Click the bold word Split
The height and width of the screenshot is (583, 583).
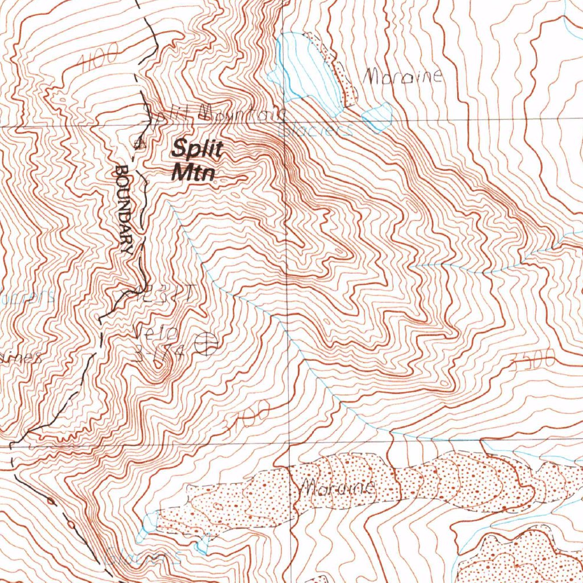(x=198, y=150)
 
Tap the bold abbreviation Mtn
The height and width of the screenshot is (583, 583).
(x=193, y=171)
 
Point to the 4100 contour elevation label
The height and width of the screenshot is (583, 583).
(x=100, y=59)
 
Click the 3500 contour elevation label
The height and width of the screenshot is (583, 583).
(x=532, y=360)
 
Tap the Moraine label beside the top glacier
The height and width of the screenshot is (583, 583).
(x=402, y=76)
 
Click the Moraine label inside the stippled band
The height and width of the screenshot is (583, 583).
(x=336, y=488)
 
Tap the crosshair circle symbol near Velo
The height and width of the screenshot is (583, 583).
(x=206, y=343)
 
